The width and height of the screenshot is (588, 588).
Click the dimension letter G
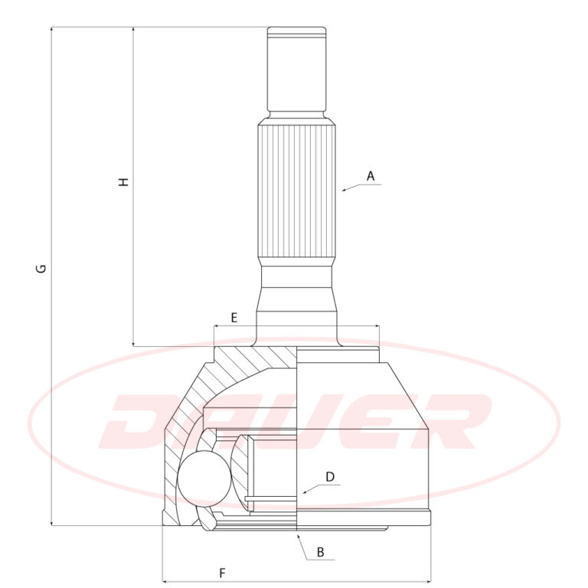click(x=41, y=269)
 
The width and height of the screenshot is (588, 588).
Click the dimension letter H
click(x=123, y=182)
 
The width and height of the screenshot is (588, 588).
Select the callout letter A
click(x=371, y=176)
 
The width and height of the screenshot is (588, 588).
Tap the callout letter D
click(x=330, y=477)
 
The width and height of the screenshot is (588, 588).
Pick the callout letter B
click(x=320, y=552)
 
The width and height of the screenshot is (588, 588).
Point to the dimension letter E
click(x=234, y=318)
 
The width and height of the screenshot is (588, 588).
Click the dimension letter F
click(x=222, y=573)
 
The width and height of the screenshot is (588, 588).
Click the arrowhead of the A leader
click(x=344, y=191)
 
